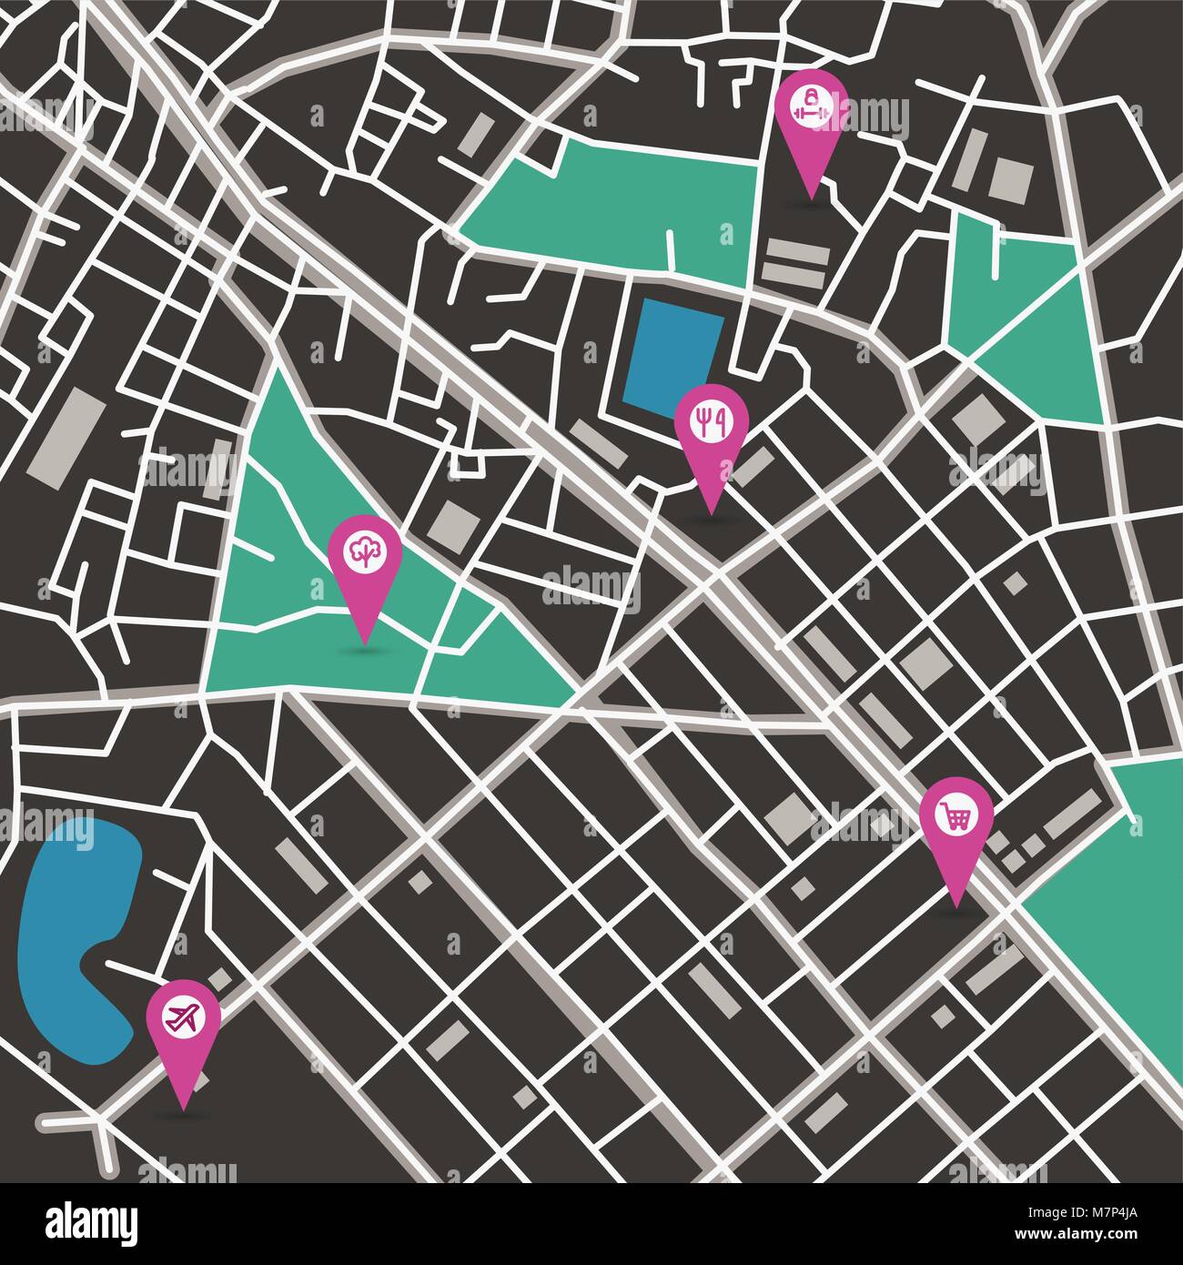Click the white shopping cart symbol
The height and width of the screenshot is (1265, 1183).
(x=955, y=814)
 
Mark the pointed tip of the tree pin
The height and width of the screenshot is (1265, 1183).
(x=365, y=643)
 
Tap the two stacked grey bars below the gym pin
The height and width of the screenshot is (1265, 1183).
(x=795, y=263)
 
